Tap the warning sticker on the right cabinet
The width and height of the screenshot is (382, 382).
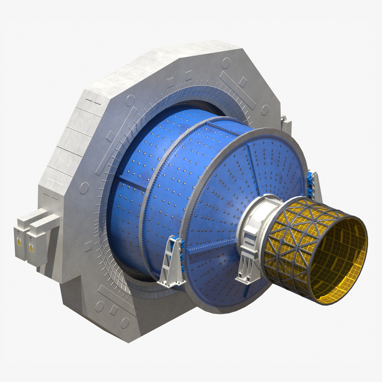pos(31,247)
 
